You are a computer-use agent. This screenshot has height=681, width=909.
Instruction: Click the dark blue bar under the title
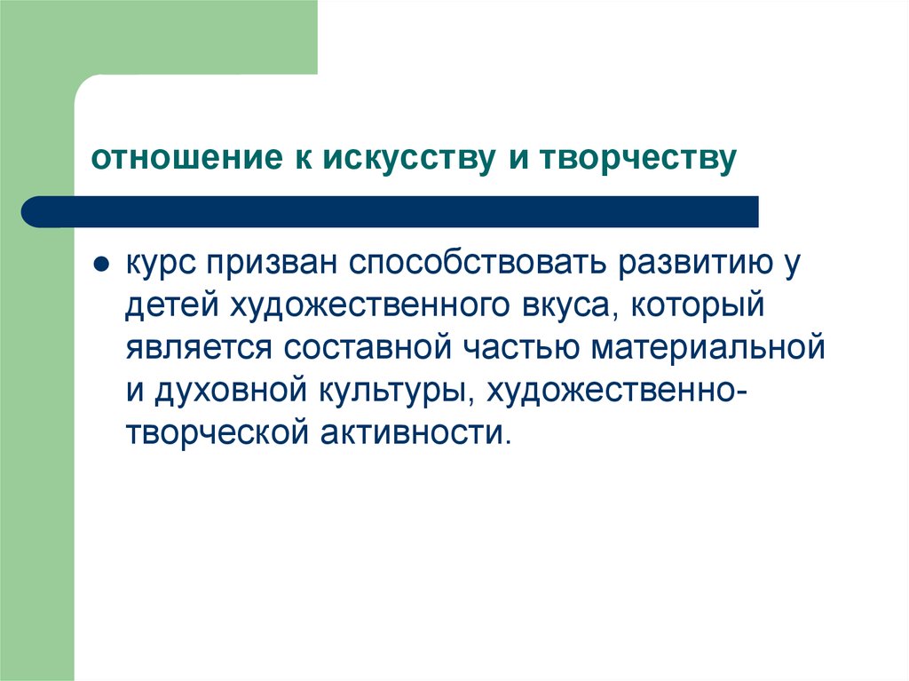click(391, 211)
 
